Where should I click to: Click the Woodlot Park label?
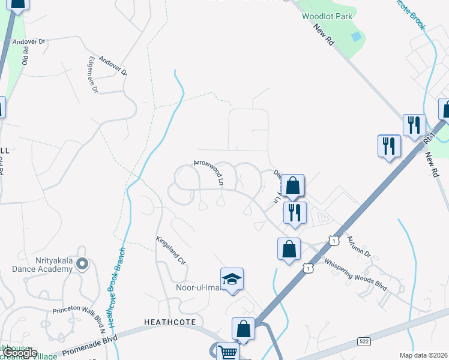click(327, 17)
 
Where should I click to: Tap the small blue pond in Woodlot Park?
click(357, 37)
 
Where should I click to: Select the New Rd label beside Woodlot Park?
click(328, 43)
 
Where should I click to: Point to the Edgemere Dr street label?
click(93, 75)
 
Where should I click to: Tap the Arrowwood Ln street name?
click(208, 172)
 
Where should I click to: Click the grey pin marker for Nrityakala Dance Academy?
click(83, 263)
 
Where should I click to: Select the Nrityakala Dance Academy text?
click(42, 265)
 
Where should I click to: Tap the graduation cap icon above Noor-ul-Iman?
click(232, 279)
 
